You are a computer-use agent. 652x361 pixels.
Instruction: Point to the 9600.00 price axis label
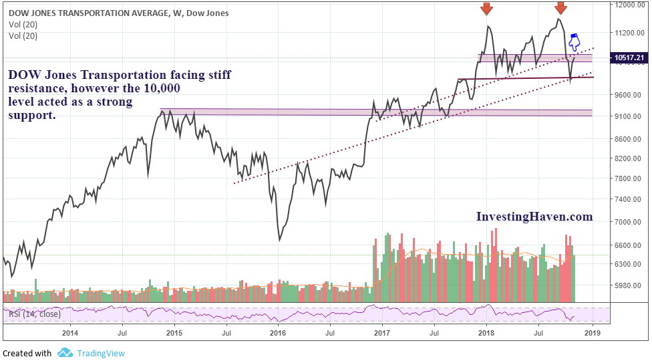coord(629,95)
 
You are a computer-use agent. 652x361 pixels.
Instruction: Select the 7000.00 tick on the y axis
coord(629,222)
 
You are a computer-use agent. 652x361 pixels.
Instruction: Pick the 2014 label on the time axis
coord(69,332)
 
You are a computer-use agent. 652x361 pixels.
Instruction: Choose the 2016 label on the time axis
coord(277,332)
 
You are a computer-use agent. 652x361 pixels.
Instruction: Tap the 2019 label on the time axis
coord(591,332)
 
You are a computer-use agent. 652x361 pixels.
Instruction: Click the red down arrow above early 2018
coord(487,9)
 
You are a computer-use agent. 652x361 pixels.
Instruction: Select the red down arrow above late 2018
coord(560,9)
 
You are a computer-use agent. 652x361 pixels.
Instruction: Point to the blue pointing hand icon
coord(573,43)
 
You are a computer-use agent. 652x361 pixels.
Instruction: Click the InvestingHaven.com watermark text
coord(534,217)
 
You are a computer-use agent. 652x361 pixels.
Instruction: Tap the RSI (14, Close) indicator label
coord(33,314)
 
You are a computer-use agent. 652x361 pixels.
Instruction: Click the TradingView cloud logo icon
coord(65,353)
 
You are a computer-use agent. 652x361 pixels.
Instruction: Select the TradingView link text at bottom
coord(100,354)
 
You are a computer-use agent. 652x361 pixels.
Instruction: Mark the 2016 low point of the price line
coord(280,239)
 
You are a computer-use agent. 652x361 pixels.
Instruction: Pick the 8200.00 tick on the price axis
coord(629,159)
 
